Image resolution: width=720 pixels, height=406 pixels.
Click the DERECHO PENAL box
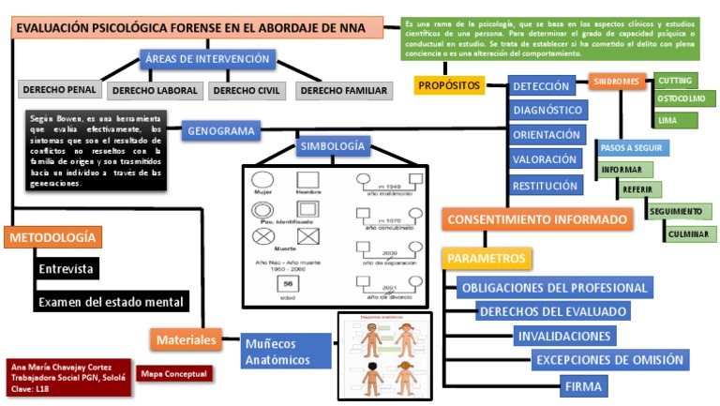tap(60, 89)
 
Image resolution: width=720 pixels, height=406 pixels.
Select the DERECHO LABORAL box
tap(156, 91)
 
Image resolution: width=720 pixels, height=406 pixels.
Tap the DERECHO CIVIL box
tap(247, 91)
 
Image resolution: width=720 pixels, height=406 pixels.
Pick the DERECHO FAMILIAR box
tap(342, 91)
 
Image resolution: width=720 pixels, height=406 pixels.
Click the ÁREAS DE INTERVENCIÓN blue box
tap(207, 59)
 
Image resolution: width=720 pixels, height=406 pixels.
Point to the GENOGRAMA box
tap(221, 131)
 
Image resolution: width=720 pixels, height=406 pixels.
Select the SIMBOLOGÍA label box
tap(332, 147)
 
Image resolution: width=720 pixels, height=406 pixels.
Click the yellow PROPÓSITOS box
tap(449, 85)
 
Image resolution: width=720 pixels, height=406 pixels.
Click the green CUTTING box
tap(674, 81)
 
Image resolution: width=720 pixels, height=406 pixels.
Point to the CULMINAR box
tap(690, 233)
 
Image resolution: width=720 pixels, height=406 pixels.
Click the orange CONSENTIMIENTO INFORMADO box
tap(537, 219)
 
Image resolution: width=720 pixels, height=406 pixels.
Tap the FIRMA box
tap(584, 385)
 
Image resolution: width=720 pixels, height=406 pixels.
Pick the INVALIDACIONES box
tap(564, 336)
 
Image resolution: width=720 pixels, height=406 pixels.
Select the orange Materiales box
tap(186, 339)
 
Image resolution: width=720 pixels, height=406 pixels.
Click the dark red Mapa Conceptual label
tap(174, 373)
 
